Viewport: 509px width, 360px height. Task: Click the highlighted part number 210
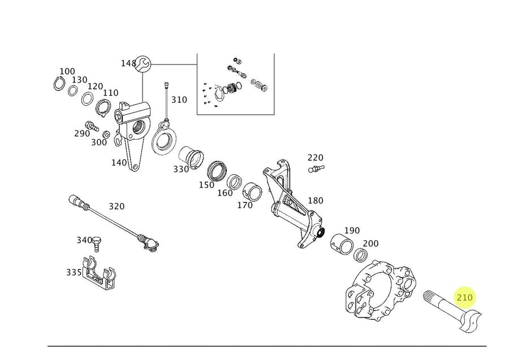(465, 297)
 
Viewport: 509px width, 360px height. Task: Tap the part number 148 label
(128, 63)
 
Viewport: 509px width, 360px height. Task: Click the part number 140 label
(119, 163)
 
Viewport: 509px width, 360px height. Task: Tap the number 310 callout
(179, 100)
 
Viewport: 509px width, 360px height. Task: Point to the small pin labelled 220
(315, 168)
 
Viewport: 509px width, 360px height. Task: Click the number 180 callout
(316, 201)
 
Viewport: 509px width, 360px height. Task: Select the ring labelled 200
(360, 255)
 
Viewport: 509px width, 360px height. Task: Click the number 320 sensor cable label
(116, 207)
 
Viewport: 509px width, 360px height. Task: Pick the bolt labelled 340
(98, 244)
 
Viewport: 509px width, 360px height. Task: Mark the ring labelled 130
(73, 90)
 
